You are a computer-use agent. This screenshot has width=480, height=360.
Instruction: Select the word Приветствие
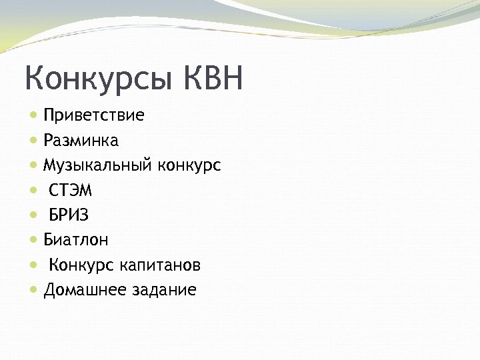(94, 116)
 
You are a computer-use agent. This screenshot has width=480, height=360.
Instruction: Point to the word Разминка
(81, 141)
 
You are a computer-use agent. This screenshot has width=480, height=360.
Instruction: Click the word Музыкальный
(99, 165)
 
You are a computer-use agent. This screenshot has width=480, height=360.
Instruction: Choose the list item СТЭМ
(71, 191)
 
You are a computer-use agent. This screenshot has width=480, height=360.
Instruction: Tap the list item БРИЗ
(69, 215)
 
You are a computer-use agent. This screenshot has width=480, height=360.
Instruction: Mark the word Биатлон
(77, 240)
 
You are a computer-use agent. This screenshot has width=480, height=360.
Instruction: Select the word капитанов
(161, 266)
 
